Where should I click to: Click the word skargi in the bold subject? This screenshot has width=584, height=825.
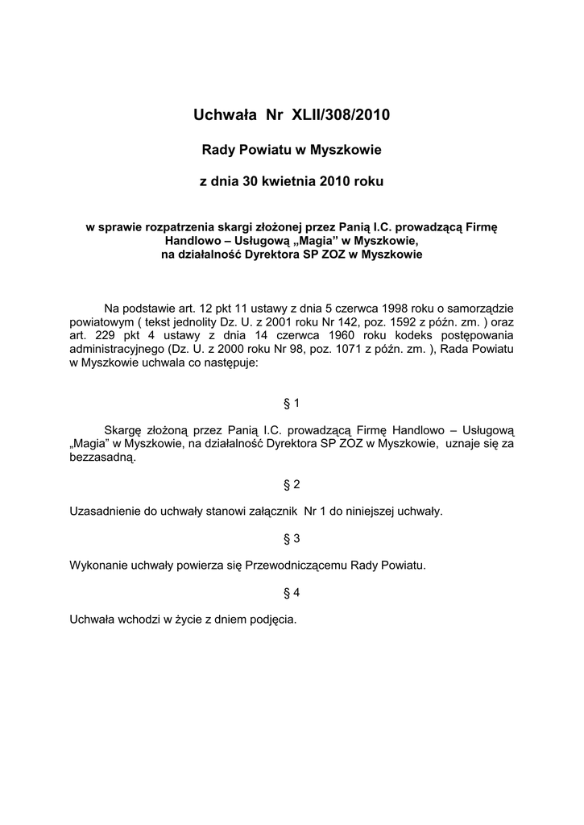(237, 227)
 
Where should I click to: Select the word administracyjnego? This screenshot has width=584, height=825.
(118, 349)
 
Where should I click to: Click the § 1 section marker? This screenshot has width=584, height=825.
(292, 401)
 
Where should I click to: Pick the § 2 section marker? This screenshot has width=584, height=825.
(292, 484)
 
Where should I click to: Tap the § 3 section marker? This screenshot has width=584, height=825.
(292, 538)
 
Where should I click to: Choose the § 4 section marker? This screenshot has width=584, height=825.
(292, 592)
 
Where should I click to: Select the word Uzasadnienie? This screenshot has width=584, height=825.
(110, 511)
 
